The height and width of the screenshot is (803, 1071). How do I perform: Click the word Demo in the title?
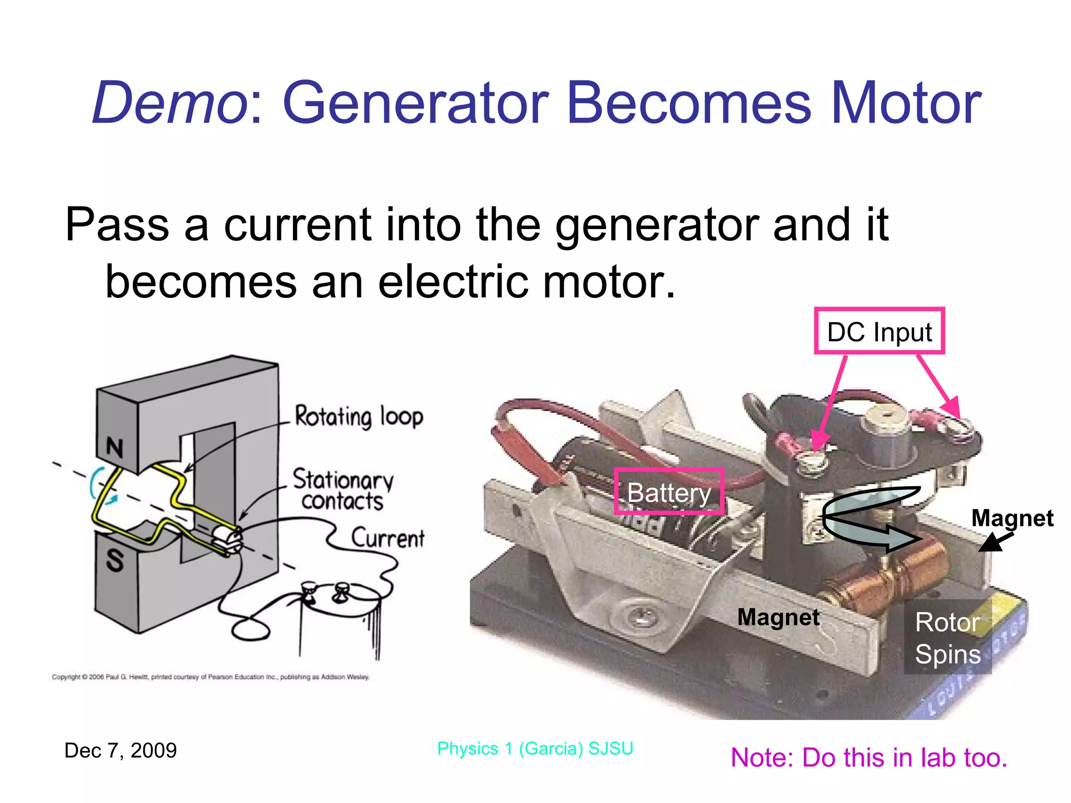point(169,103)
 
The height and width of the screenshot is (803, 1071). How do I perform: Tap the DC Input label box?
point(879,331)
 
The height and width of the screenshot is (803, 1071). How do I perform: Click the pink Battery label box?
point(669,492)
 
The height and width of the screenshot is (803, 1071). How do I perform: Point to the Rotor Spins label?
point(948,638)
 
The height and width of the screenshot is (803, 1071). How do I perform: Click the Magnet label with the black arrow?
point(1012,518)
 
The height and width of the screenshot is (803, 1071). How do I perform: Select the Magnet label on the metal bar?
point(778,617)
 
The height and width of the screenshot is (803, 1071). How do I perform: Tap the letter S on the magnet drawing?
point(115,560)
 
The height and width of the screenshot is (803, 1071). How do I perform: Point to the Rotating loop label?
point(359,417)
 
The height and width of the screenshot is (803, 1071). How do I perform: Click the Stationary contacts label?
point(343,490)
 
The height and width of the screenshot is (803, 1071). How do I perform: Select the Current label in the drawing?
point(388,538)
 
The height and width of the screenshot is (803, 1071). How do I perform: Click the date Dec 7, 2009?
point(120,750)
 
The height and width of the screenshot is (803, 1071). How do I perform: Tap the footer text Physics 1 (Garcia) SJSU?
point(535,748)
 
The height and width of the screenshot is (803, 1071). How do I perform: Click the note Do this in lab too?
point(869,758)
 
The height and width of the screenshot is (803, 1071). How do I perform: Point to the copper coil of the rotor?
point(889,575)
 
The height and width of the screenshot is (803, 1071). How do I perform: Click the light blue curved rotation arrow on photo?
point(868,518)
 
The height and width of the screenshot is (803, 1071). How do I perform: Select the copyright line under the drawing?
point(210,677)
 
